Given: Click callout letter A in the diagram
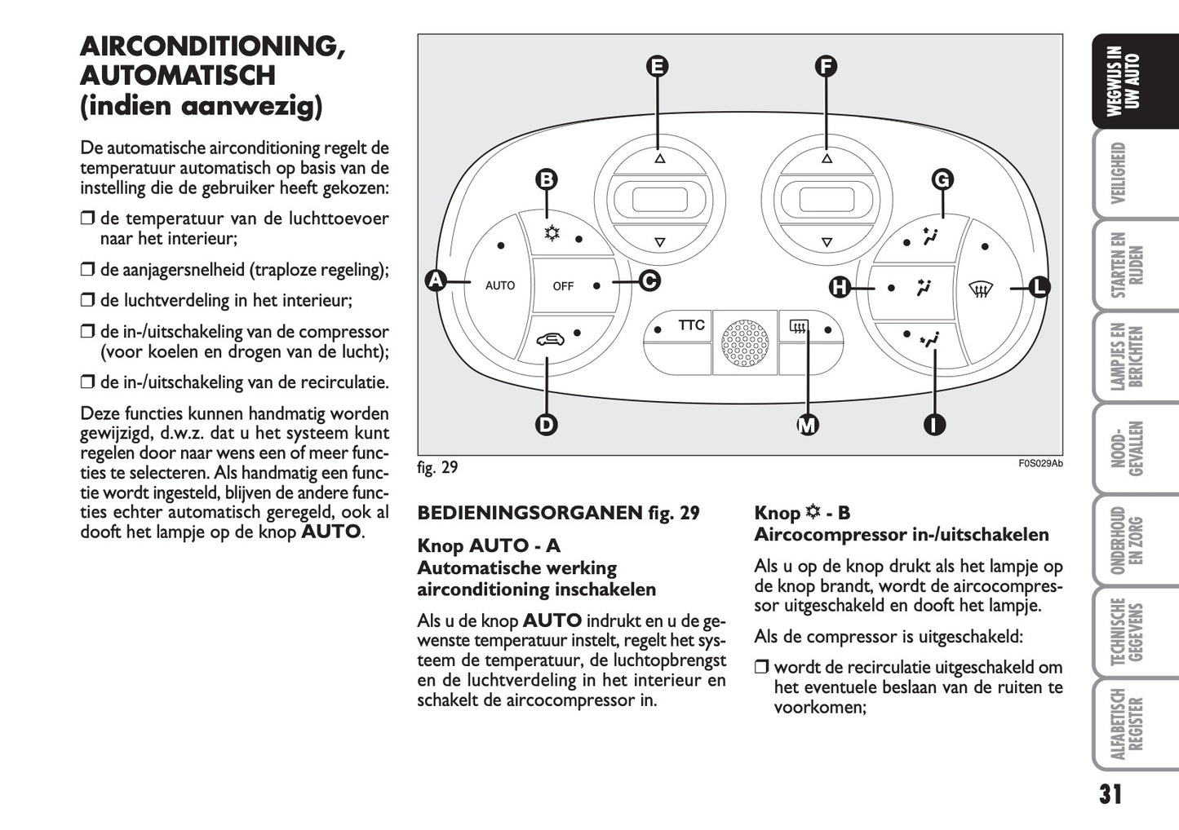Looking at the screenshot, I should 436,281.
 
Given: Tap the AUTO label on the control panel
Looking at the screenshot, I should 500,286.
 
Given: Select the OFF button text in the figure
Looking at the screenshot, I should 563,286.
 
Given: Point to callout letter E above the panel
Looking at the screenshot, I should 657,66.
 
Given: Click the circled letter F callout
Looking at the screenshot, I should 826,66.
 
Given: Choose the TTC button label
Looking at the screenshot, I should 691,325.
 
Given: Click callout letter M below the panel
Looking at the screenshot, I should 807,425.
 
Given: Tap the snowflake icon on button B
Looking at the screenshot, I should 552,234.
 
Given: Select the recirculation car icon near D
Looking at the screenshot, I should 549,339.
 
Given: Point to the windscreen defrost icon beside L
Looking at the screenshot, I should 979,289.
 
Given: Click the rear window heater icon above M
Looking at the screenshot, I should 798,329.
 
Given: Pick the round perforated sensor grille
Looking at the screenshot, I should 745,342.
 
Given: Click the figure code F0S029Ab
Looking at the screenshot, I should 1040,464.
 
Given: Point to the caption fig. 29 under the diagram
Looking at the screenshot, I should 437,468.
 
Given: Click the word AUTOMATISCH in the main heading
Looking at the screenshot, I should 178,76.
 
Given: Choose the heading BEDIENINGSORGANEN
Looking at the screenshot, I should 530,513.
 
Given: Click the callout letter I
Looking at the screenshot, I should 934,425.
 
